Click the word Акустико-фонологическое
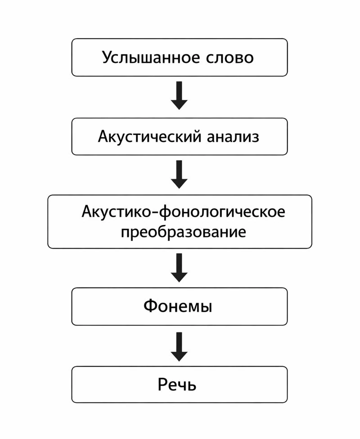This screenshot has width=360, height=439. click(x=183, y=211)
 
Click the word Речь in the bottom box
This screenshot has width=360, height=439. click(x=177, y=385)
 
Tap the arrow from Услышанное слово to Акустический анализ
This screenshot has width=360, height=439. click(x=179, y=95)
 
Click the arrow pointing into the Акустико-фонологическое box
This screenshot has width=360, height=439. click(x=179, y=175)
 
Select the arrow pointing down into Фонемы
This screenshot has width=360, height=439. click(x=179, y=268)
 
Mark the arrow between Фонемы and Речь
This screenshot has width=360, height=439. click(x=179, y=346)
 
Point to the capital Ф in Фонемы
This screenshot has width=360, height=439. click(x=150, y=306)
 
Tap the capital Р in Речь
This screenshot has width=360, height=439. click(x=162, y=385)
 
